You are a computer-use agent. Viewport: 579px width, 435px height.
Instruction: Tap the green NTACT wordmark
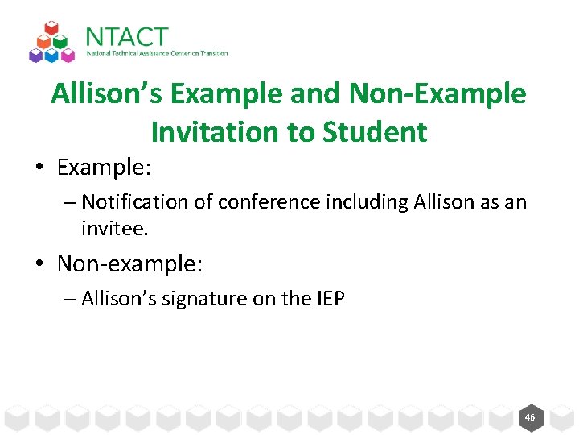(x=127, y=37)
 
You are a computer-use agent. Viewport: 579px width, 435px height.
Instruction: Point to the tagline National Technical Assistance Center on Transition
(x=158, y=54)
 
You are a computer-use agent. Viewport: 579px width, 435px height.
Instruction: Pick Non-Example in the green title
(x=437, y=94)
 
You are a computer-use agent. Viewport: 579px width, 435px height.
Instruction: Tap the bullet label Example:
(x=104, y=167)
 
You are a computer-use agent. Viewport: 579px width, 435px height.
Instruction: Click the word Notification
(x=129, y=201)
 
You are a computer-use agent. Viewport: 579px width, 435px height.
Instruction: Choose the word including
(x=343, y=201)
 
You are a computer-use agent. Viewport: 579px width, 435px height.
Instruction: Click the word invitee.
(x=114, y=229)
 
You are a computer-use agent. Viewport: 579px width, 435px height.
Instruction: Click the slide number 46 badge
(x=529, y=417)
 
